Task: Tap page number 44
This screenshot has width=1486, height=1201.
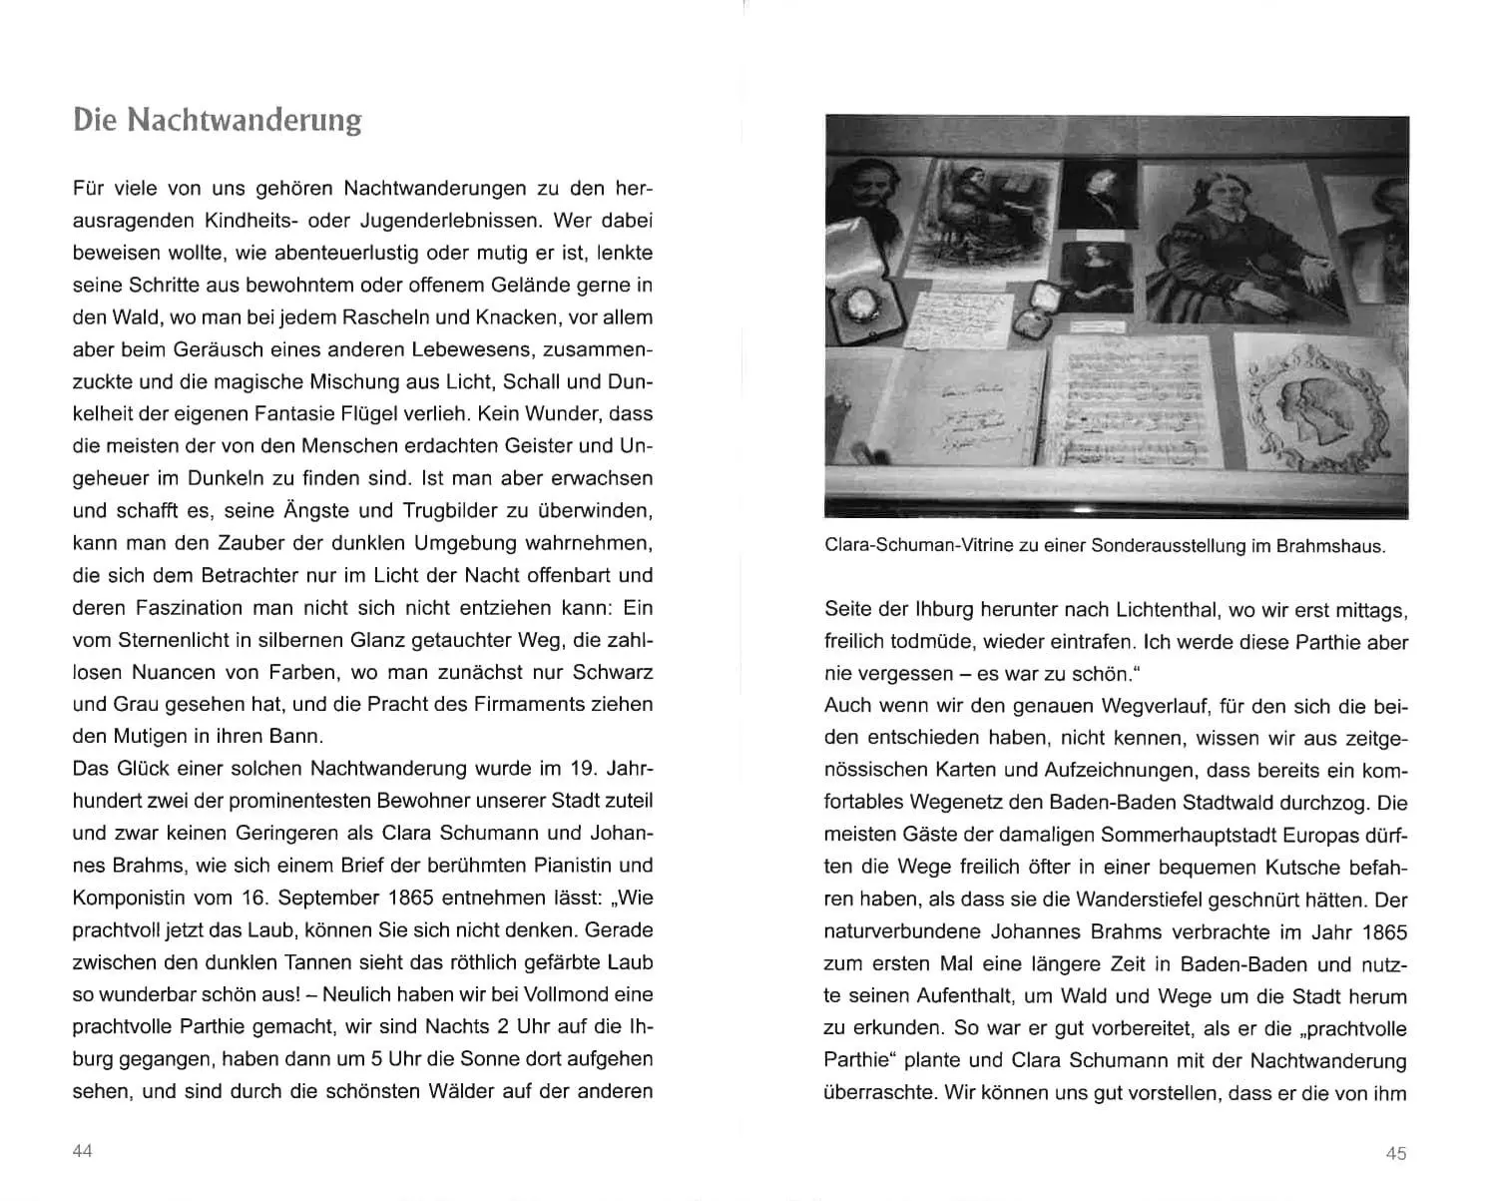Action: [x=83, y=1151]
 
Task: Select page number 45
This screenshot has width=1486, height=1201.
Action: [x=1396, y=1153]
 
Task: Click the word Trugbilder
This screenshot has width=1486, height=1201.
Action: [x=453, y=511]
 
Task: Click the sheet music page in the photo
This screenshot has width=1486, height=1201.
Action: [x=1136, y=401]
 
